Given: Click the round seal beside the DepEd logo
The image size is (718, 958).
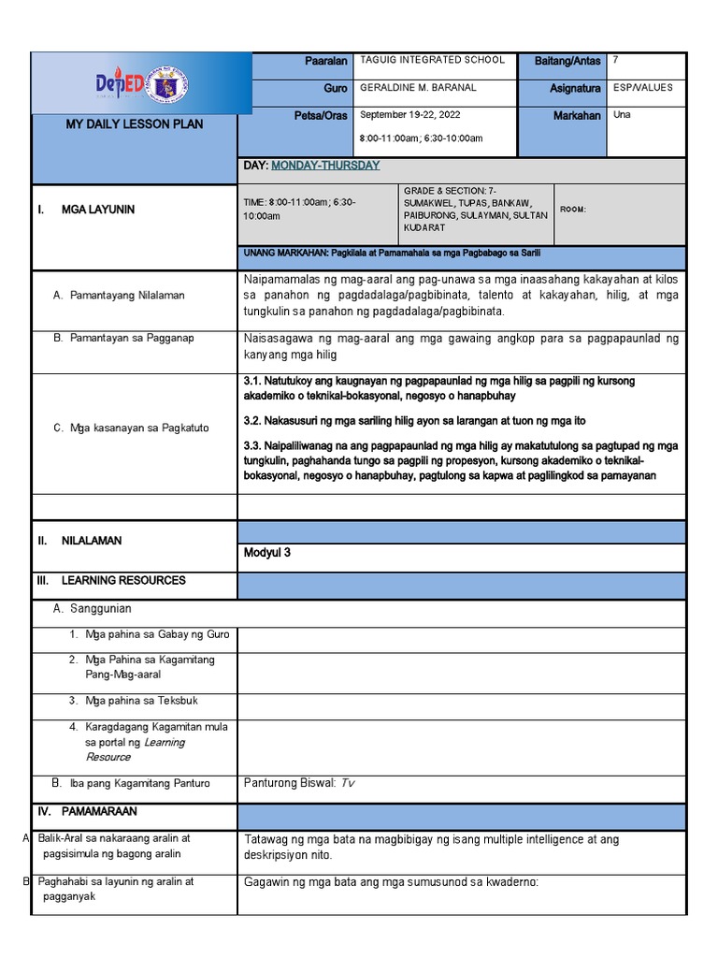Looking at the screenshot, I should [168, 84].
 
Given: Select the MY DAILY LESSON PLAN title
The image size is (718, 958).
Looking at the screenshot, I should [134, 124].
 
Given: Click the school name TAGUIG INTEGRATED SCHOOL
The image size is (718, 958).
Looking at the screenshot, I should [432, 60].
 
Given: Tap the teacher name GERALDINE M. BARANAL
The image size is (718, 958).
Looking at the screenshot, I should [417, 88].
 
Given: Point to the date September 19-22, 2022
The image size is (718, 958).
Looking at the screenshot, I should [410, 115].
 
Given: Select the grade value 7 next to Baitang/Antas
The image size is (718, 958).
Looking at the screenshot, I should [615, 60].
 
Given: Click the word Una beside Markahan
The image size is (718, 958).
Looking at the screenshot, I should [622, 115].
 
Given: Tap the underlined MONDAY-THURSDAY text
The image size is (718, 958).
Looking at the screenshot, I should [325, 166].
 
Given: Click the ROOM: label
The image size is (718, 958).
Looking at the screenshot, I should [573, 210].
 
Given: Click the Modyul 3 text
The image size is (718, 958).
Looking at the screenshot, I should [267, 553].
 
